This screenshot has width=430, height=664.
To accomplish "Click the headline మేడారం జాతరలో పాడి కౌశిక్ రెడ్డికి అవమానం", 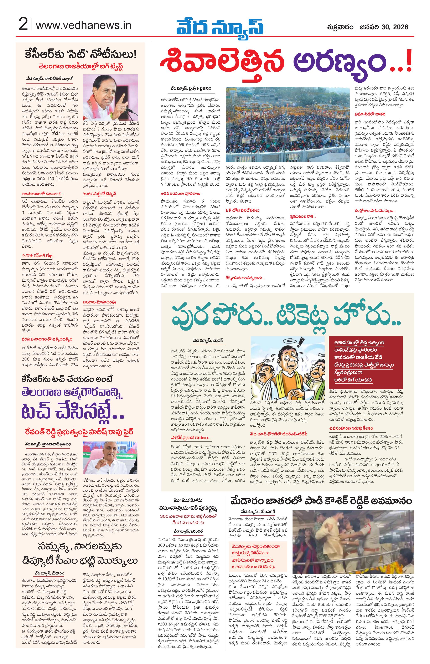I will pos(321,501).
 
